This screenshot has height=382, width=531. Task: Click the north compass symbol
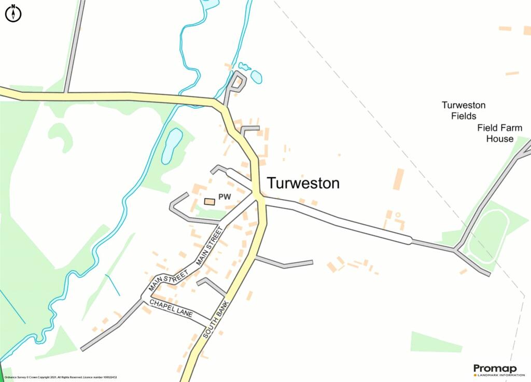point(13,13)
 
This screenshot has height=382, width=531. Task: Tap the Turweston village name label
point(303,183)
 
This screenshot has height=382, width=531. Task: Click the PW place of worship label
point(225,197)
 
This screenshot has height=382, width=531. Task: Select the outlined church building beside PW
point(209,201)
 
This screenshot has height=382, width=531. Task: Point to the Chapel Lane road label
point(171,308)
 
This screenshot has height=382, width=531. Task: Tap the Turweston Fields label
point(464,110)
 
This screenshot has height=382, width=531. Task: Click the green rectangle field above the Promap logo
point(436,342)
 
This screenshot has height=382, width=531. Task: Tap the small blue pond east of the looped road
point(256,77)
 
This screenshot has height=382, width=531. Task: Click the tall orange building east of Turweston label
point(398,179)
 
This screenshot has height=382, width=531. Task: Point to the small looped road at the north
point(236,83)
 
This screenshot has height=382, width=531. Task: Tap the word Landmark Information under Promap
point(502,374)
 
